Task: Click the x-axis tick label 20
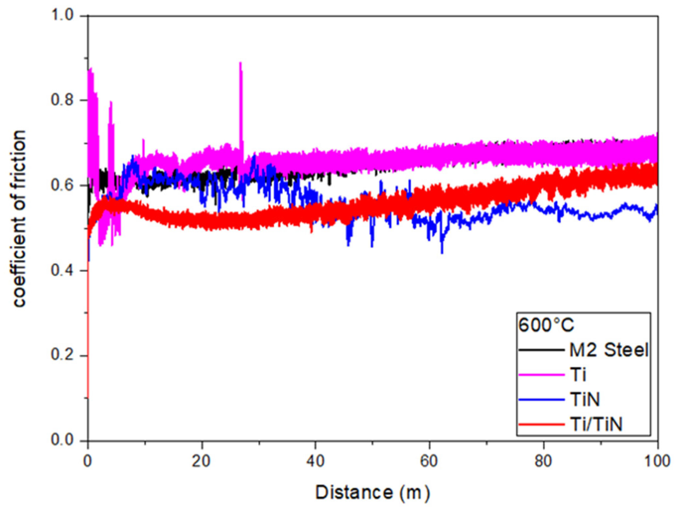pyautogui.click(x=202, y=461)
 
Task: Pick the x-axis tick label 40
pyautogui.click(x=316, y=461)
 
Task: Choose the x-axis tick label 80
pyautogui.click(x=544, y=461)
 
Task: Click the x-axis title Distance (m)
pyautogui.click(x=372, y=493)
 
